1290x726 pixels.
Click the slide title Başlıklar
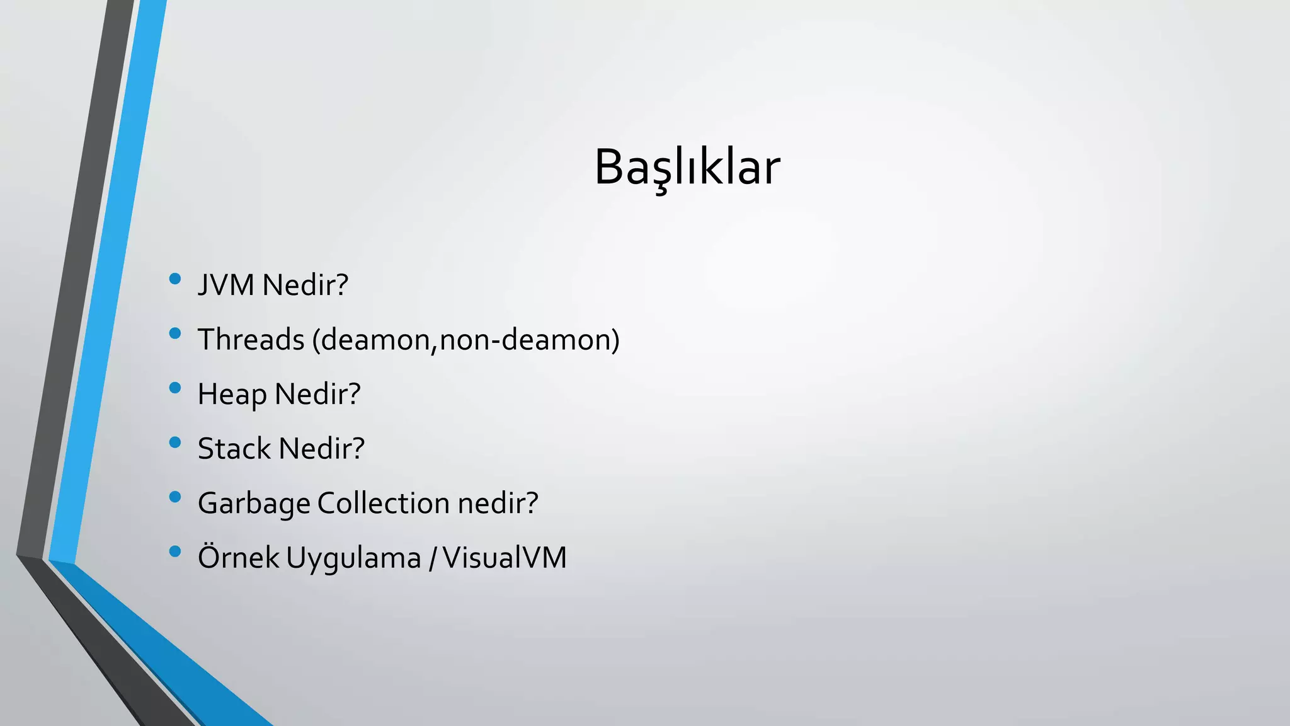coord(687,168)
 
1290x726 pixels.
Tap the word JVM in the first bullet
coord(225,285)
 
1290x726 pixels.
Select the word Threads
coord(251,340)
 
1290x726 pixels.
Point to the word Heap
coord(232,395)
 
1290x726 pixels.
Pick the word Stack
coord(234,449)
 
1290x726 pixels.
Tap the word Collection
coord(384,504)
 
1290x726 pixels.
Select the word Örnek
coord(238,557)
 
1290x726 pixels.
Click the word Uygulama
coord(353,558)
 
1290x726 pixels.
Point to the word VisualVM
coord(505,558)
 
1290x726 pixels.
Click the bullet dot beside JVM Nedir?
coord(175,279)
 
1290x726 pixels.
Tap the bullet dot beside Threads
coord(175,333)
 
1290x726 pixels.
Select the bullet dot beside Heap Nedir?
coord(175,388)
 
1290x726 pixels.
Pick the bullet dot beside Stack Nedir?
coord(175,442)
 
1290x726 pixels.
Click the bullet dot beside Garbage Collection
coord(175,497)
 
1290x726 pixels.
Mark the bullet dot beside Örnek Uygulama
coord(175,552)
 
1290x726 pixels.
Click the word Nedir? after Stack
coord(322,449)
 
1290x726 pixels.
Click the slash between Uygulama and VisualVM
coord(432,558)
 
